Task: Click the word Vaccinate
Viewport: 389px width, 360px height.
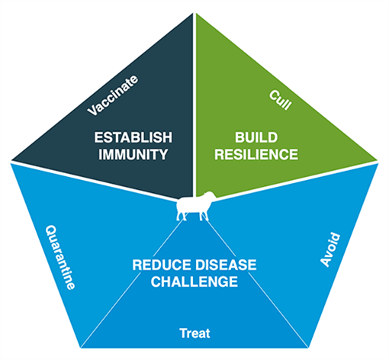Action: [113, 95]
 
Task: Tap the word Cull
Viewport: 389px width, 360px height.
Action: [280, 100]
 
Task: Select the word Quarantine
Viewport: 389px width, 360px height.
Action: [60, 257]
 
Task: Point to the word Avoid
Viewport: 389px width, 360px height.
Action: [330, 249]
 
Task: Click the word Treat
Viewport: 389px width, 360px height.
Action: [194, 333]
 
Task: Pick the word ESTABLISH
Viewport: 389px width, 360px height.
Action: [133, 137]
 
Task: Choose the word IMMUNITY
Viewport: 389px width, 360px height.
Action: [133, 154]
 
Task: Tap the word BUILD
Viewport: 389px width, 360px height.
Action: [256, 137]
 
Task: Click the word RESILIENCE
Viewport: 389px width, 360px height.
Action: [256, 154]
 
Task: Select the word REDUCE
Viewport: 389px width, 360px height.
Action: [162, 265]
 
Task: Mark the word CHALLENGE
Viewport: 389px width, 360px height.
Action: [194, 281]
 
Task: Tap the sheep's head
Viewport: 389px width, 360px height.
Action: [211, 196]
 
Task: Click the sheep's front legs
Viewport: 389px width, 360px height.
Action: [204, 216]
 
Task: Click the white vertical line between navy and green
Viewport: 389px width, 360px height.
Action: [194, 104]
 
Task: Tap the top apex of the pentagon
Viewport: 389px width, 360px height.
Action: [194, 13]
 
